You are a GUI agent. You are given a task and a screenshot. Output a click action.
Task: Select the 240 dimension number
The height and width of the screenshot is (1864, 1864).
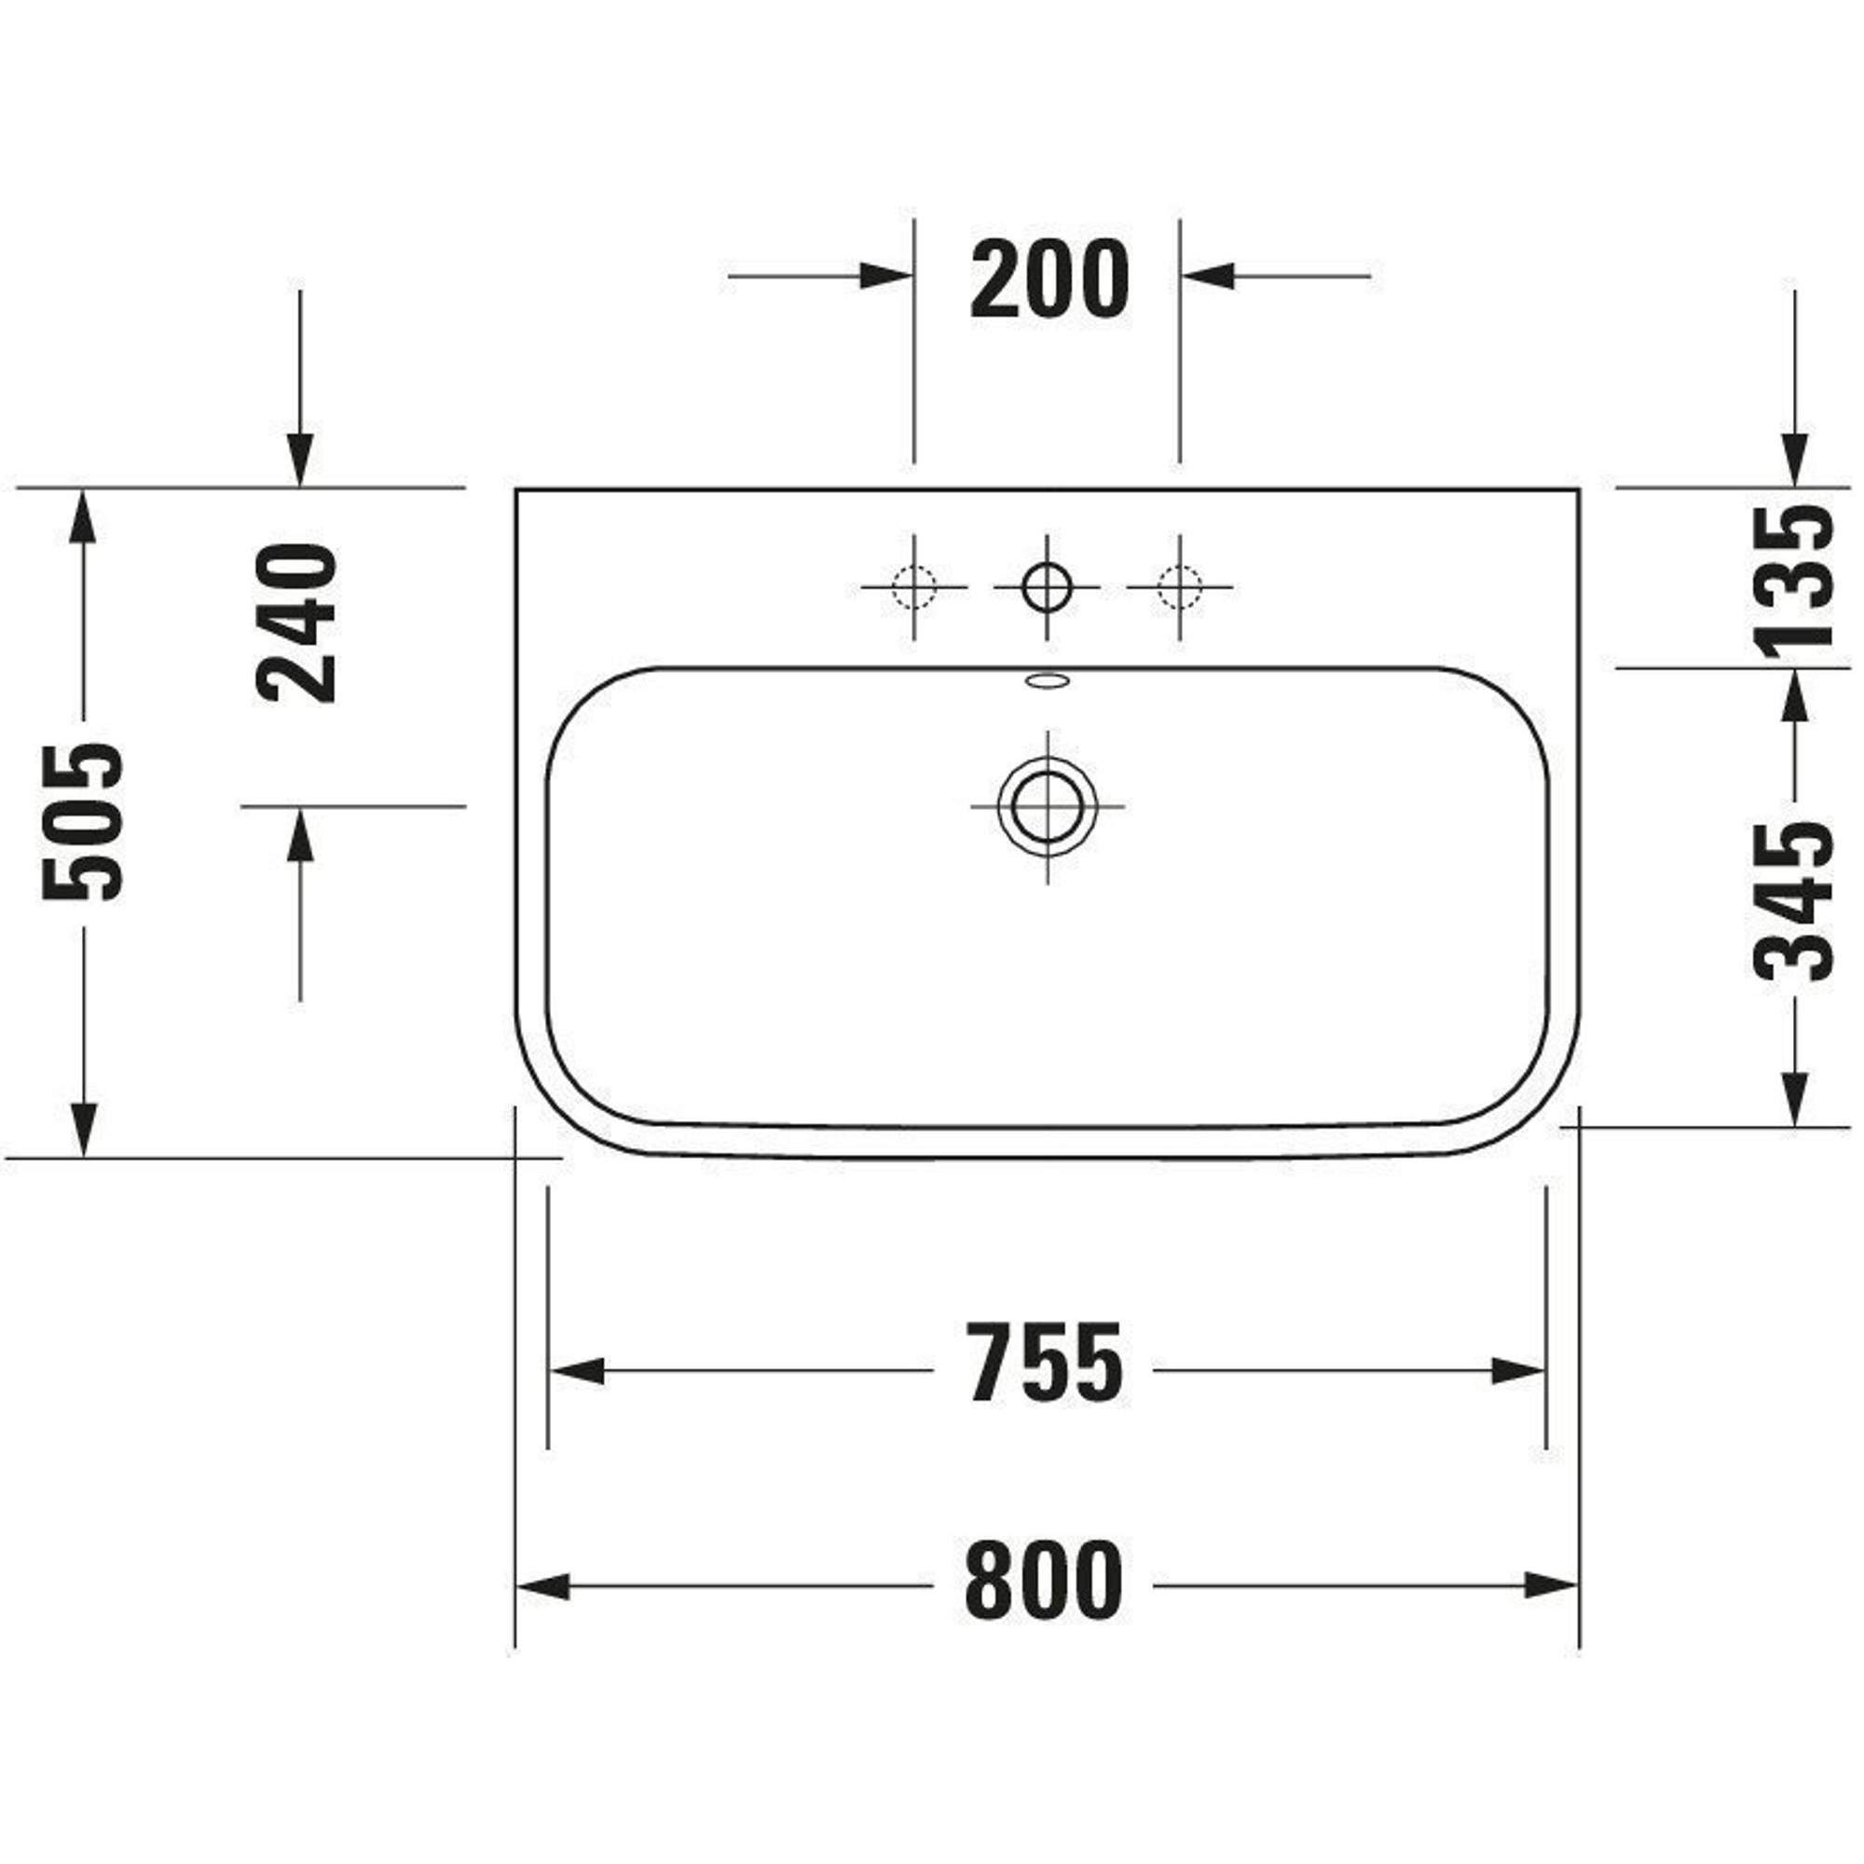coord(297,624)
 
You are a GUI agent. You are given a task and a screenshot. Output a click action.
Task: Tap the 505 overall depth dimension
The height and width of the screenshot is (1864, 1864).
coord(83,821)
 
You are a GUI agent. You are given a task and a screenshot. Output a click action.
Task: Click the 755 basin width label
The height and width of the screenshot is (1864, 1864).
coord(1045,1363)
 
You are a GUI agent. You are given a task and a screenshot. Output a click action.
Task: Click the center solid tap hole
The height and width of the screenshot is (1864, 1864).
coord(1047,586)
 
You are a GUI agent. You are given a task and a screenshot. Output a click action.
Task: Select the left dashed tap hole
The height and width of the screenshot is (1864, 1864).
coord(913,586)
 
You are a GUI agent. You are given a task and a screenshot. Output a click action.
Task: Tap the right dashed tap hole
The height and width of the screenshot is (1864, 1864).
coord(1179,586)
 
